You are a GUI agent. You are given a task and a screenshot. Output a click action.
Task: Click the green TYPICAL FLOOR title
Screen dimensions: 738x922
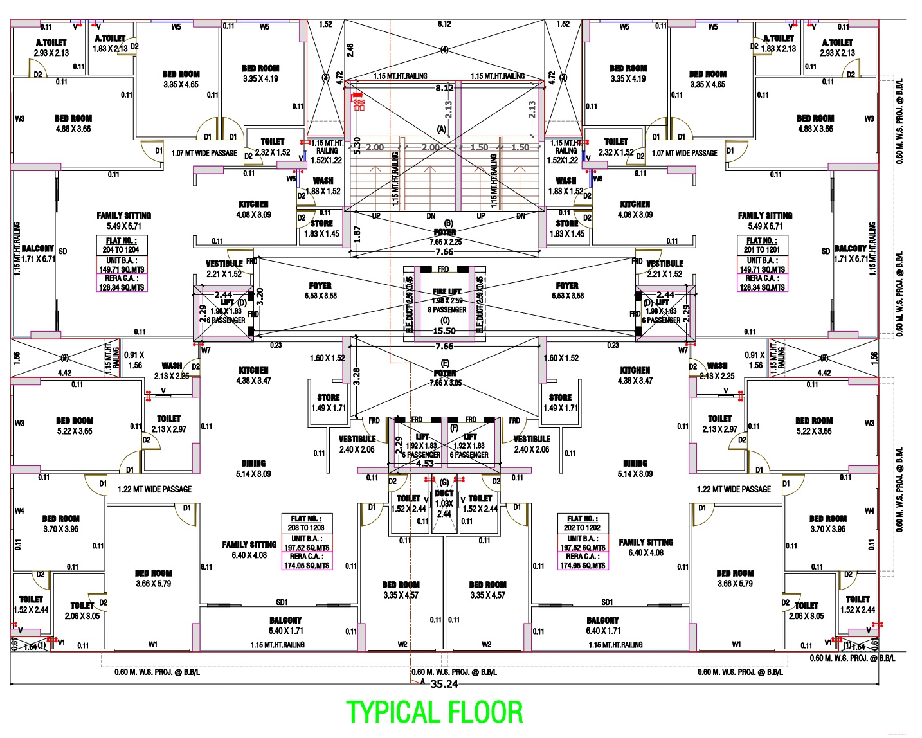click(435, 712)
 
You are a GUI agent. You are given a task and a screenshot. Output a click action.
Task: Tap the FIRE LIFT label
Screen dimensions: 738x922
click(447, 291)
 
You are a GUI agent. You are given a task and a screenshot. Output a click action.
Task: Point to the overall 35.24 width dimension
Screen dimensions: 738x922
click(444, 684)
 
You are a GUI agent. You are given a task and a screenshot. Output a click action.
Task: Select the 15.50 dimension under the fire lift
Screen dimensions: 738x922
click(444, 331)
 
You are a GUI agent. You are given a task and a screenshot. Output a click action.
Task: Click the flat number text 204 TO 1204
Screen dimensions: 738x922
click(121, 249)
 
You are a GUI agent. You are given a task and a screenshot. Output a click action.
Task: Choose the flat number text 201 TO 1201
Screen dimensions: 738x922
click(762, 249)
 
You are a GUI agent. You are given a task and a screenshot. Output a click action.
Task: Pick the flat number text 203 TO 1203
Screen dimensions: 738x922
click(306, 528)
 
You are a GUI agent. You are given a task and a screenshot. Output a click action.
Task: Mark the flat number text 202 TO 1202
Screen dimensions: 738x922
click(582, 528)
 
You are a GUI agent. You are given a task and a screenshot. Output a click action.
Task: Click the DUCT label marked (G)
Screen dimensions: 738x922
click(444, 493)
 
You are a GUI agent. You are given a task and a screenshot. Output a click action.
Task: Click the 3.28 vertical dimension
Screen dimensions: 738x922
click(357, 376)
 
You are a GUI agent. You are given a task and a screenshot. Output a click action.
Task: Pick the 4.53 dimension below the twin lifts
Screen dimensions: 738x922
click(425, 464)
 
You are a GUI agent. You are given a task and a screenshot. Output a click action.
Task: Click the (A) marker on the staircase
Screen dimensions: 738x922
click(442, 129)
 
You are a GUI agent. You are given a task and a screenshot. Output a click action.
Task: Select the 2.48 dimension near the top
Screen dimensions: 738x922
click(350, 50)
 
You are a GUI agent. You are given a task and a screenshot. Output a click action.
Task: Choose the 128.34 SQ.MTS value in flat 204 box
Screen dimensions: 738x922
click(122, 287)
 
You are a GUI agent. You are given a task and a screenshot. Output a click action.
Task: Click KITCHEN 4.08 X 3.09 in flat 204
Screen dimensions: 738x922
click(253, 210)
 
